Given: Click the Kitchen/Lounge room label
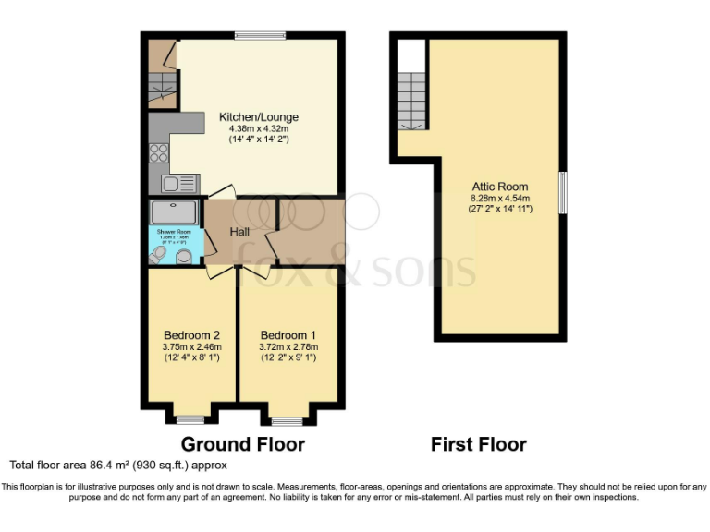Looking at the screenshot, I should [258, 117].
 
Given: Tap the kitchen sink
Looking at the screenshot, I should [180, 183].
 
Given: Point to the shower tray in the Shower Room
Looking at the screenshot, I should [173, 211].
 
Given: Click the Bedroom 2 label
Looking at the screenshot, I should [191, 334].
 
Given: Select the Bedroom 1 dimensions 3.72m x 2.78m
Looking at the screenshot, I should [288, 346].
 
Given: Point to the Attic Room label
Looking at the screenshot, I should [498, 186].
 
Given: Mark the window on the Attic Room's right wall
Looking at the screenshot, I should [562, 193].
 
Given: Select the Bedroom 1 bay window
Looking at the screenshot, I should [287, 420].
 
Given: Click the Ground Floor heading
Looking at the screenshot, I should [242, 444].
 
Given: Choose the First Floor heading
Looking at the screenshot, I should [478, 444].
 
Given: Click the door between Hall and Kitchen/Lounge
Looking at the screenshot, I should [220, 192].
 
